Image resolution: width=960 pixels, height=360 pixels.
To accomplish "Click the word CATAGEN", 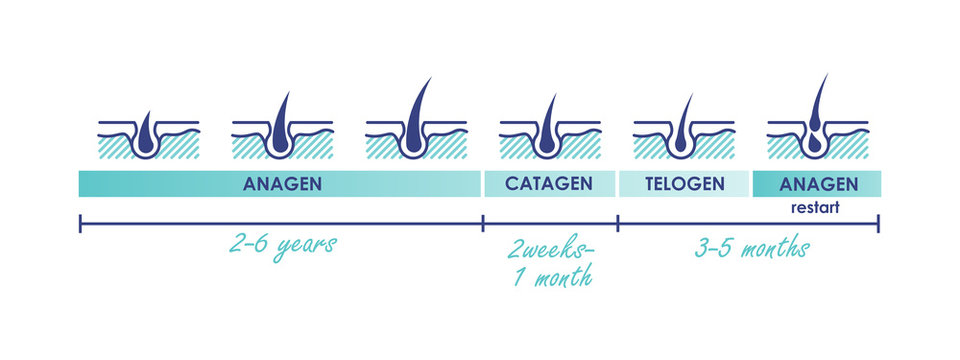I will click(548, 184).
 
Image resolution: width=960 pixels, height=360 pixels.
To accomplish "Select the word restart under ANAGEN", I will click(817, 210).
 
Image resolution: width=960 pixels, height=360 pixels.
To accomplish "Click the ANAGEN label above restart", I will click(817, 184).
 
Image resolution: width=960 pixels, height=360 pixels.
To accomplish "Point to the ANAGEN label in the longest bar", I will click(280, 184).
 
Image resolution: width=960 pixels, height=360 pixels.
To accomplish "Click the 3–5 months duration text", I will click(752, 247).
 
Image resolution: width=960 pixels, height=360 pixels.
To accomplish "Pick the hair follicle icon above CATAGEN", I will click(548, 130).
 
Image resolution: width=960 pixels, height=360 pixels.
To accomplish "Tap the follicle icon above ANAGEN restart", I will click(817, 125).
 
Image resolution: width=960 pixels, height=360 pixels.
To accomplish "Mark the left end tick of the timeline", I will click(80, 223).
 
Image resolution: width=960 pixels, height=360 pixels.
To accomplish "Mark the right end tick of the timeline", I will click(878, 223).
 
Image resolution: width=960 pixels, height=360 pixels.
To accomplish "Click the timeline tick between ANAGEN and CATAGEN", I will click(483, 223).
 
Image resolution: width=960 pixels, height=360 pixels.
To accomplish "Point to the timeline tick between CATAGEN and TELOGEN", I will click(617, 223).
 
